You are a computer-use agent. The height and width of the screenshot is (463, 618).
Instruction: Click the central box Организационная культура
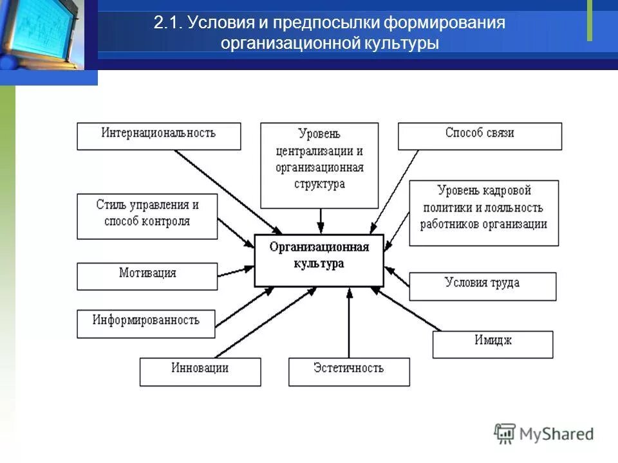(x=319, y=260)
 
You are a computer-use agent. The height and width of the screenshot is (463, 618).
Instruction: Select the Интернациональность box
(x=158, y=136)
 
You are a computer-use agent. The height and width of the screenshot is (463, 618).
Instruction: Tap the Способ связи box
(x=480, y=136)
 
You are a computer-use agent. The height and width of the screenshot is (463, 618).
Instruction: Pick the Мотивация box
(x=147, y=275)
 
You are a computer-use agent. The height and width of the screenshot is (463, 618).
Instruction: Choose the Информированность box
(x=146, y=323)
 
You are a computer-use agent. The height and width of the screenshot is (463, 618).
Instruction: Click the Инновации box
(x=200, y=371)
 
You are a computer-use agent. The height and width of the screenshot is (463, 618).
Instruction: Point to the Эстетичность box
(x=348, y=371)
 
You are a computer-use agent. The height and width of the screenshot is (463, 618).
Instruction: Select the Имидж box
(x=492, y=344)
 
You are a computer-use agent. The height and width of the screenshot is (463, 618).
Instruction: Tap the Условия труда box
(x=482, y=286)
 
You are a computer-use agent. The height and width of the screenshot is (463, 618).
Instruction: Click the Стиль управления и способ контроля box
(x=147, y=216)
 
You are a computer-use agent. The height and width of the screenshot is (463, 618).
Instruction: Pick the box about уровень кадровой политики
(x=483, y=212)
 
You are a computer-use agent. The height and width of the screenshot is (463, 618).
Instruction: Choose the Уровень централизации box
(x=320, y=166)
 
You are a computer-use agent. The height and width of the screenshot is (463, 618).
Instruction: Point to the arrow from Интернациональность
(x=229, y=192)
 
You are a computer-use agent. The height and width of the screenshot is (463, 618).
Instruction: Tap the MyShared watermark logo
(x=544, y=433)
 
